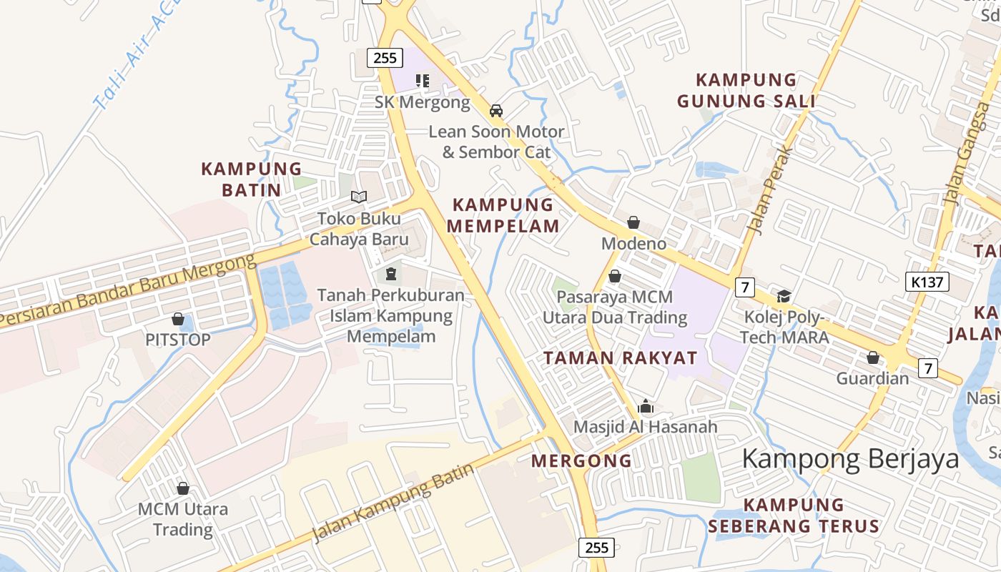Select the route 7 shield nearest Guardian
(x=927, y=368)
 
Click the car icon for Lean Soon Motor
(x=495, y=111)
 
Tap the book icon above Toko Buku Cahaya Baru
(x=359, y=197)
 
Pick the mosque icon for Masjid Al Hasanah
(x=646, y=407)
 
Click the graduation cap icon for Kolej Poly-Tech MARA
(x=784, y=296)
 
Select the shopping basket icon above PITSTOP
(x=177, y=319)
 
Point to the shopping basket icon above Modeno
(x=633, y=222)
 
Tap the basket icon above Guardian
(x=872, y=357)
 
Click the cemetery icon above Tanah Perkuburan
(x=390, y=273)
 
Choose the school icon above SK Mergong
(x=423, y=81)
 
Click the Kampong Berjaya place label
(x=850, y=458)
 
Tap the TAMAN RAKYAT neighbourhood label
(x=620, y=358)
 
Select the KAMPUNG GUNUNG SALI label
(x=746, y=90)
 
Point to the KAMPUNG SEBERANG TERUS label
(x=794, y=516)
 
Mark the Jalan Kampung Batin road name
(x=394, y=503)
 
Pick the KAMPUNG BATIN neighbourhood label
(x=251, y=179)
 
